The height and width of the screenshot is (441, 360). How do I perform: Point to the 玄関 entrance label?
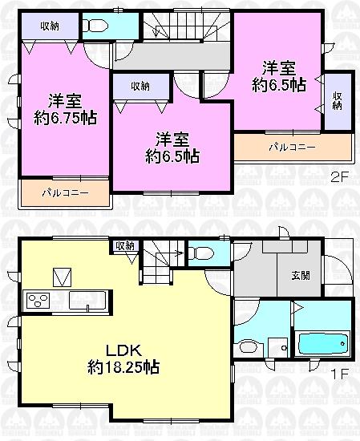[x=301, y=276]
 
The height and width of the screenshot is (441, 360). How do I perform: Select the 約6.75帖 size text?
[x=66, y=118]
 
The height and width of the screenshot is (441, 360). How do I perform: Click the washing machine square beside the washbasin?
[x=278, y=349]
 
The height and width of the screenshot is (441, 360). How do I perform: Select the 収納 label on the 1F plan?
[x=124, y=246]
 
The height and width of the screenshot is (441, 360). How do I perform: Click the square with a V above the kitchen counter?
[x=62, y=277]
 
